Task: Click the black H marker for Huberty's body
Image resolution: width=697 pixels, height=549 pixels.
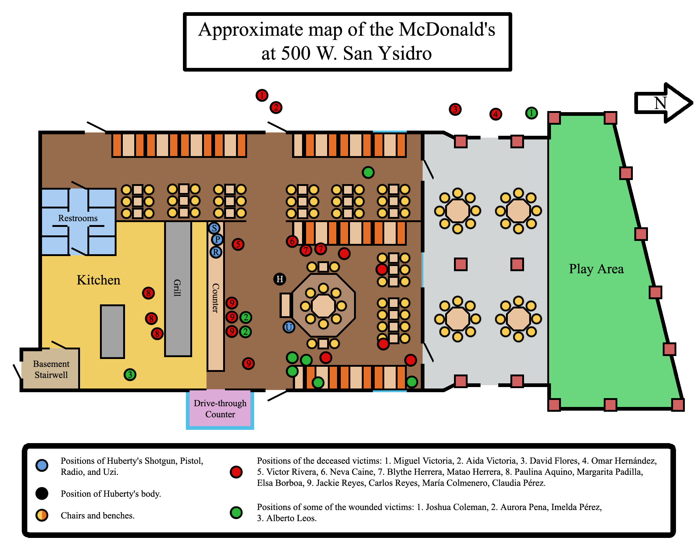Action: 280,279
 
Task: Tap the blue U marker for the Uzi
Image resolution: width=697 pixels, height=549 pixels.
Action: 289,327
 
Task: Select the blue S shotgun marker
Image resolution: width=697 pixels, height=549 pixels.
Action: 214,228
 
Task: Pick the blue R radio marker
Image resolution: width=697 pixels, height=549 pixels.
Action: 216,252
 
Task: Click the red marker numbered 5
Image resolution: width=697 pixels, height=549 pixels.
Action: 238,244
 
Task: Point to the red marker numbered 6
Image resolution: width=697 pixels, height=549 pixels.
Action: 292,241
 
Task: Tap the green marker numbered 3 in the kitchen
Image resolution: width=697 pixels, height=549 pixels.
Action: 130,374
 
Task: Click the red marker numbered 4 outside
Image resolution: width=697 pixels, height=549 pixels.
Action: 496,114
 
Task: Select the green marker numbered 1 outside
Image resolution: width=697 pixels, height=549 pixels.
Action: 531,113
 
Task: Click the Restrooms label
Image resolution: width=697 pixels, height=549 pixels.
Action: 78,218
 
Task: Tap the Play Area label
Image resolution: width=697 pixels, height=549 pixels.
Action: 596,269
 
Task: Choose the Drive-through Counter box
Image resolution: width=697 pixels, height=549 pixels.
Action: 220,409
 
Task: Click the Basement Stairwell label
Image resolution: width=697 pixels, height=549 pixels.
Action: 51,369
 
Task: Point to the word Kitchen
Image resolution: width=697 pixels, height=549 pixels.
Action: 98,280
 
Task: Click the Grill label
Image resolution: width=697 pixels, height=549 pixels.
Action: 177,288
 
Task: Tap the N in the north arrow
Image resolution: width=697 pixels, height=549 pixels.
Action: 660,103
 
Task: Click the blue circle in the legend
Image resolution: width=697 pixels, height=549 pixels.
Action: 42,465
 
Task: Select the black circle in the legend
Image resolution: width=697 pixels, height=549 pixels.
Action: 42,493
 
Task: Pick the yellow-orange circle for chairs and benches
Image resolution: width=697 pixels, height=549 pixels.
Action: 42,515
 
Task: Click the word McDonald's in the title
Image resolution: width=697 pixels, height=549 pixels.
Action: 447,30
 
